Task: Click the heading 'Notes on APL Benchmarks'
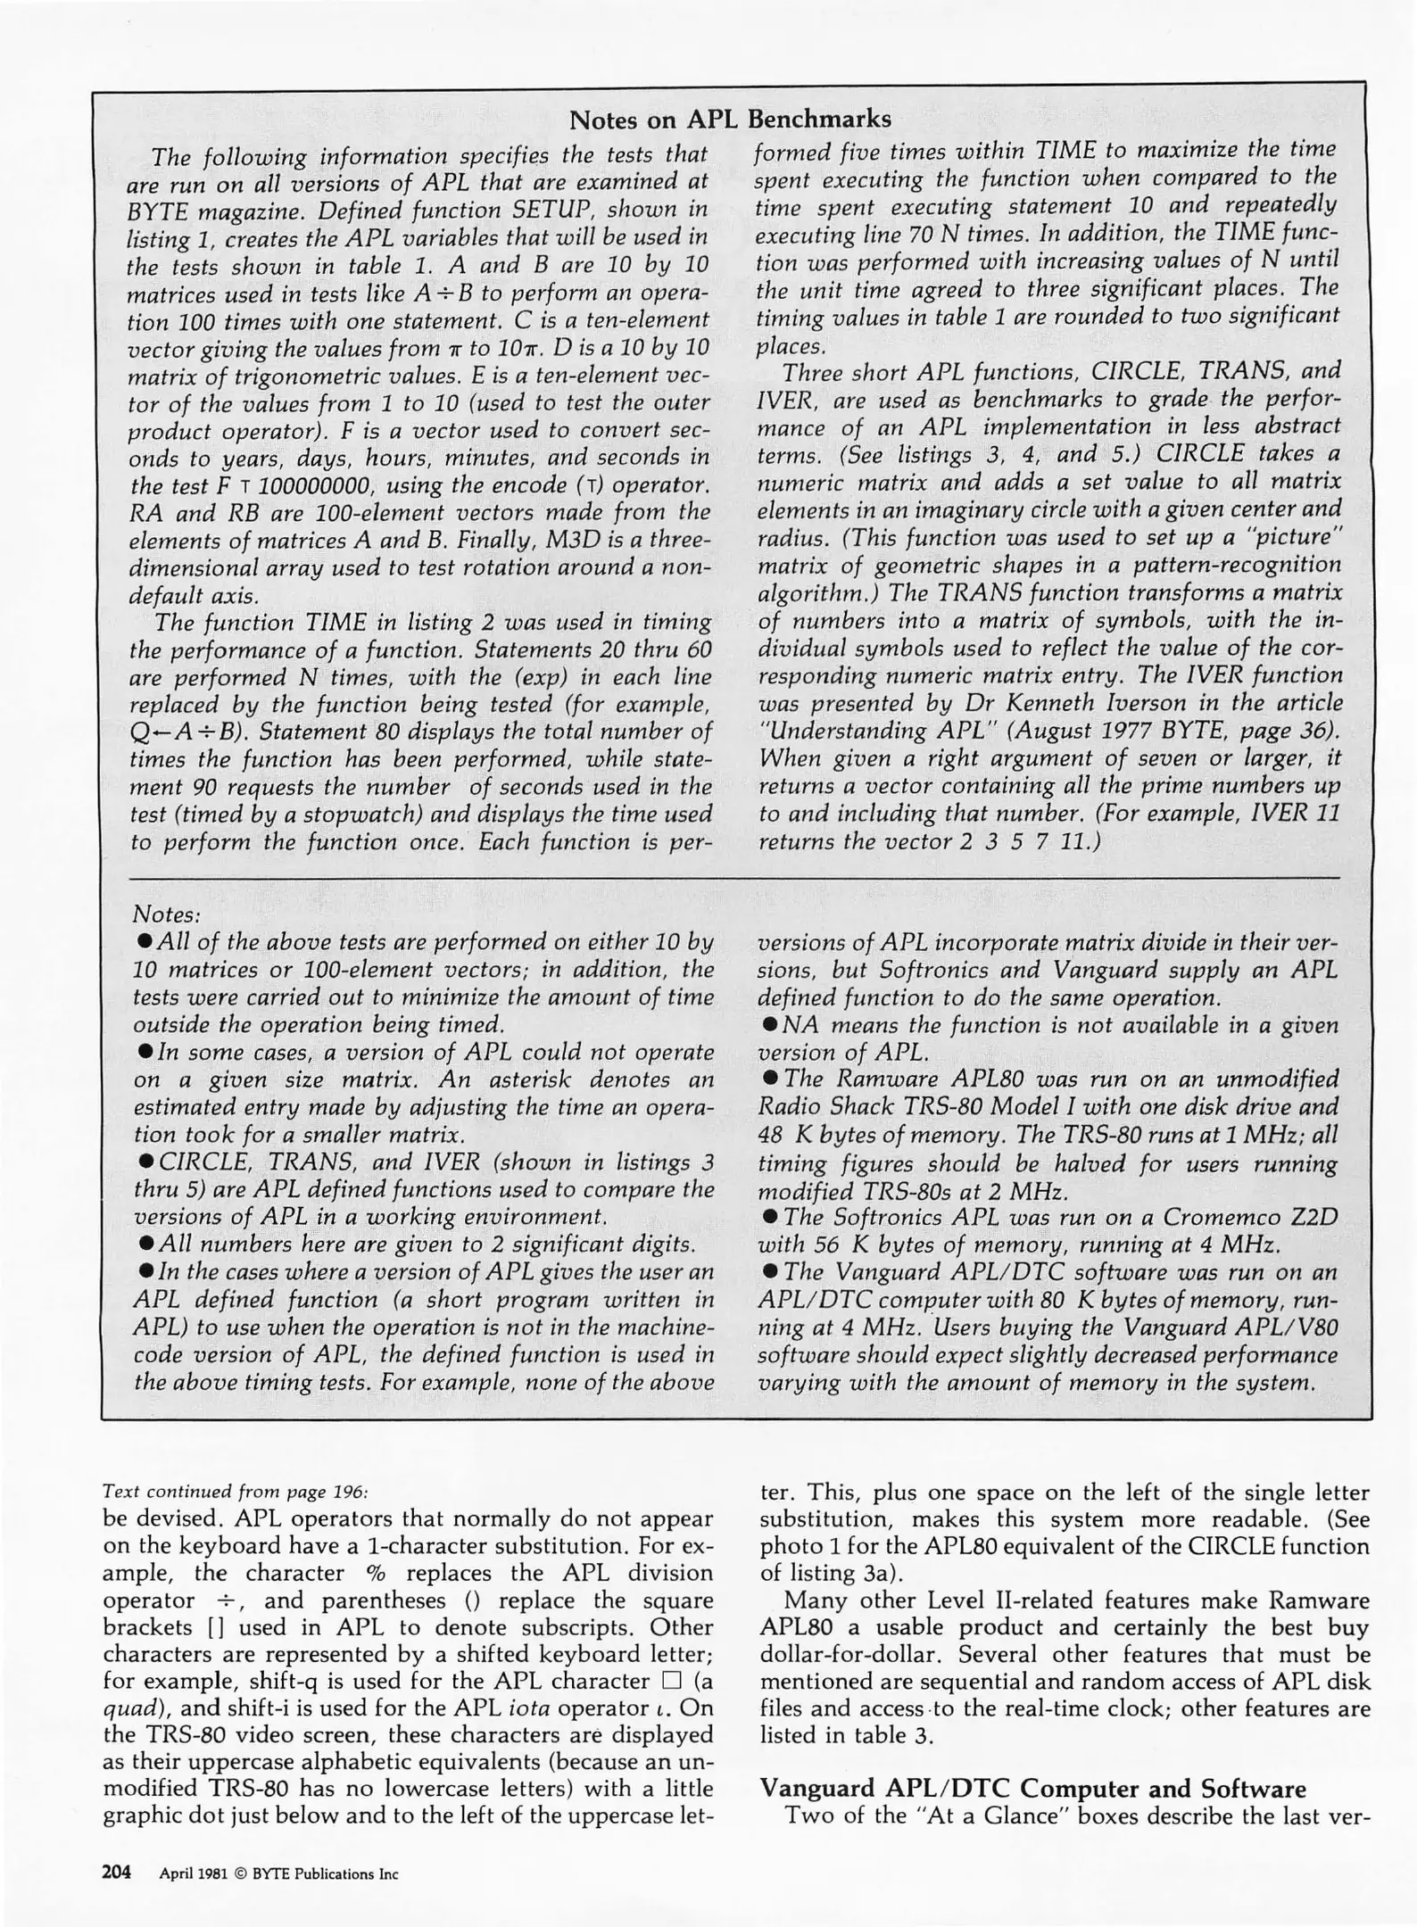pyautogui.click(x=730, y=119)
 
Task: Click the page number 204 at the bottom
pyautogui.click(x=118, y=1872)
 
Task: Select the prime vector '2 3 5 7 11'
pyautogui.click(x=1020, y=841)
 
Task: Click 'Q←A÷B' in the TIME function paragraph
pyautogui.click(x=187, y=732)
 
